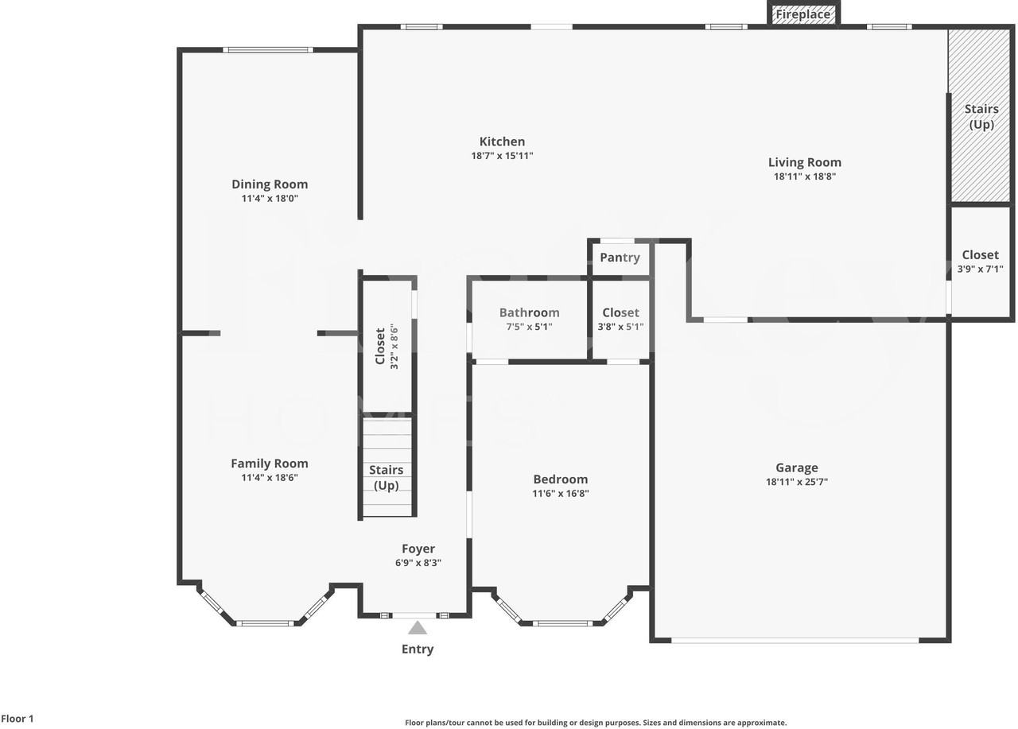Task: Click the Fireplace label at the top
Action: (x=803, y=14)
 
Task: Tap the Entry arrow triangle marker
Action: (x=418, y=628)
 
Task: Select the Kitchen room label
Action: (x=502, y=142)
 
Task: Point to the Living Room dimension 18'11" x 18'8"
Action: (x=804, y=177)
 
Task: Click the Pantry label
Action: (x=620, y=258)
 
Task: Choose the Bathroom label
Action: (x=529, y=312)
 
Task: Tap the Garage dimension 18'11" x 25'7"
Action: (x=796, y=482)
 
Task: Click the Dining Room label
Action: (x=270, y=184)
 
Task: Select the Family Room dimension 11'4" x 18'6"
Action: (x=270, y=478)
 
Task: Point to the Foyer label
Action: (x=418, y=549)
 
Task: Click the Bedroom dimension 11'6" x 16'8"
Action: (x=561, y=494)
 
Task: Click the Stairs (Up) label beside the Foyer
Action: (x=386, y=478)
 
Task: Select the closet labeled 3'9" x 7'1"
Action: (x=980, y=262)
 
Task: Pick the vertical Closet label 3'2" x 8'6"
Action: (x=387, y=346)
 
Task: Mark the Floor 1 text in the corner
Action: (x=17, y=719)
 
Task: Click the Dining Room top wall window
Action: (x=268, y=50)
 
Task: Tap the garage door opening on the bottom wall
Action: (x=795, y=640)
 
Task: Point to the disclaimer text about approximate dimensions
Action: (x=596, y=723)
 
